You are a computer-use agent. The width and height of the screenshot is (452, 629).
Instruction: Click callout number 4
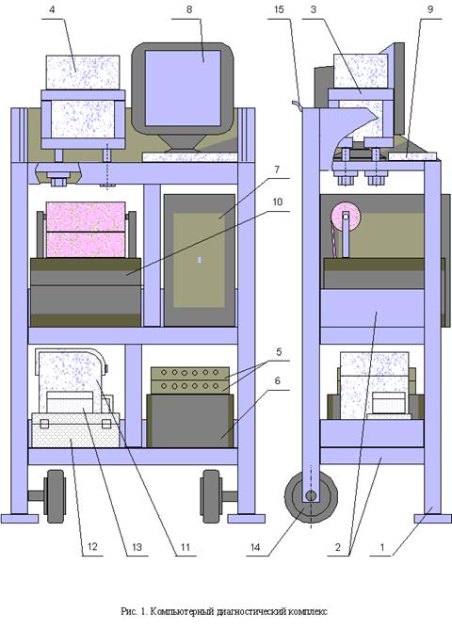[x=52, y=9]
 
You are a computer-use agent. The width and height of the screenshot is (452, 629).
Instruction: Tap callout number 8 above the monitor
[x=189, y=9]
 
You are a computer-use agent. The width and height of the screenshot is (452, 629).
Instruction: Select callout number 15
[x=279, y=9]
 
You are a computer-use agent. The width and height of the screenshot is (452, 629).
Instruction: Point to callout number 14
[x=255, y=547]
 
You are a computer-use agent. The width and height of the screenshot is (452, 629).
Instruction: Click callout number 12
[x=92, y=547]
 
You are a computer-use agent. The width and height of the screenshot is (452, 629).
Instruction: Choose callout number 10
[x=278, y=202]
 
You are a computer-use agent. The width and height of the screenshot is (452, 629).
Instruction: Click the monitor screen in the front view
[x=183, y=88]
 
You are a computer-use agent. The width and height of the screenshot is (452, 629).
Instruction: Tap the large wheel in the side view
[x=311, y=496]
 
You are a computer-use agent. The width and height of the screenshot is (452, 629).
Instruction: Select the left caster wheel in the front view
[x=56, y=496]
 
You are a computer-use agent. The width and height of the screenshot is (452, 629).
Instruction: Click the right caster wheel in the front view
[x=211, y=496]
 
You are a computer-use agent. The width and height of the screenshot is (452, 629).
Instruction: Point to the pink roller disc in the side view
[x=346, y=217]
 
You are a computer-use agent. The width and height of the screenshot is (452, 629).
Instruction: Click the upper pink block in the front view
[x=86, y=217]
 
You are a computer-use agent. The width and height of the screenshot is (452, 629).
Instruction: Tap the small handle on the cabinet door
[x=200, y=260]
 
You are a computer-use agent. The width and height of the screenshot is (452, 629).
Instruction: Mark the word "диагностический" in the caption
[x=250, y=612]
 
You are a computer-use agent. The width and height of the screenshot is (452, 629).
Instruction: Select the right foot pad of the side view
[x=433, y=519]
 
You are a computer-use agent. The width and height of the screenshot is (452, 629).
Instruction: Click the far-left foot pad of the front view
[x=20, y=519]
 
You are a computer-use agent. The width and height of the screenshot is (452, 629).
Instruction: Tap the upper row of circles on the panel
[x=189, y=373]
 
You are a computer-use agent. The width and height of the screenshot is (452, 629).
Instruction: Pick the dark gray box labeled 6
[x=190, y=421]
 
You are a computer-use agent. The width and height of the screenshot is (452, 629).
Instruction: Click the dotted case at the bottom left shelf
[x=75, y=430]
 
